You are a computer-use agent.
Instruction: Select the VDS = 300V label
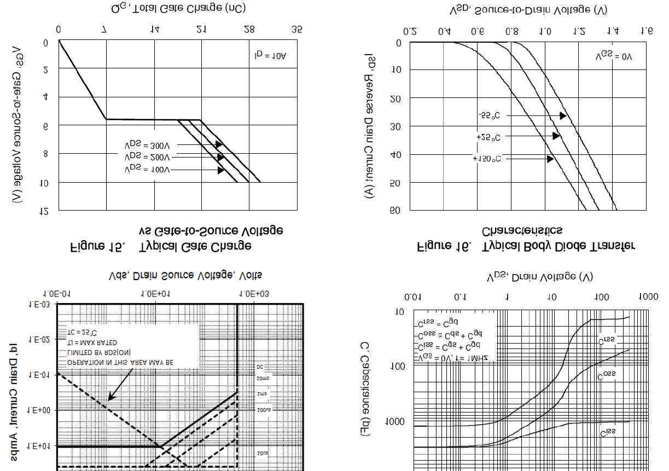pos(147,146)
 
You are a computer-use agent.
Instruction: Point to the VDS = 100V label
pos(147,170)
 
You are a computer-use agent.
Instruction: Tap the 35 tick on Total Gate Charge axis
pos(296,30)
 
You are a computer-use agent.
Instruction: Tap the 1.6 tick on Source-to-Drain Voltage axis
pos(647,31)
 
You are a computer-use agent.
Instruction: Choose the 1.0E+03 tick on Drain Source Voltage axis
pos(254,294)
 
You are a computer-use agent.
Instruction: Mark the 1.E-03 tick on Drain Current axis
pos(39,305)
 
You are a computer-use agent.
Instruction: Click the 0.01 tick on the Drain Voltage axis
pos(413,297)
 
